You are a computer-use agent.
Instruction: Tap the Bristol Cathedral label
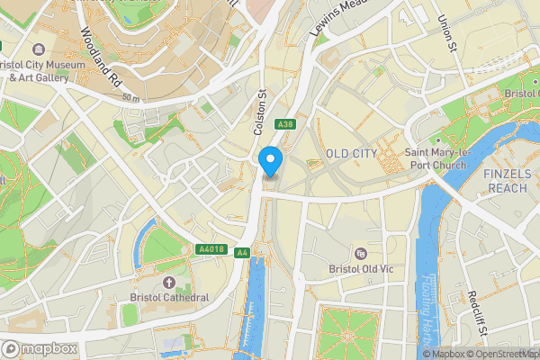click(x=168, y=298)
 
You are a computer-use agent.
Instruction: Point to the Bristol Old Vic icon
click(x=361, y=254)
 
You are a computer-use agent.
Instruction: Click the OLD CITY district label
click(x=351, y=154)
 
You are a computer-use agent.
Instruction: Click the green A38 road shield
click(x=285, y=124)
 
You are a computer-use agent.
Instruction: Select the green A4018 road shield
click(x=209, y=249)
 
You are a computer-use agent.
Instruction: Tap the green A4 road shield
click(x=241, y=253)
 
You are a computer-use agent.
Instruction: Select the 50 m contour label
click(x=131, y=96)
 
